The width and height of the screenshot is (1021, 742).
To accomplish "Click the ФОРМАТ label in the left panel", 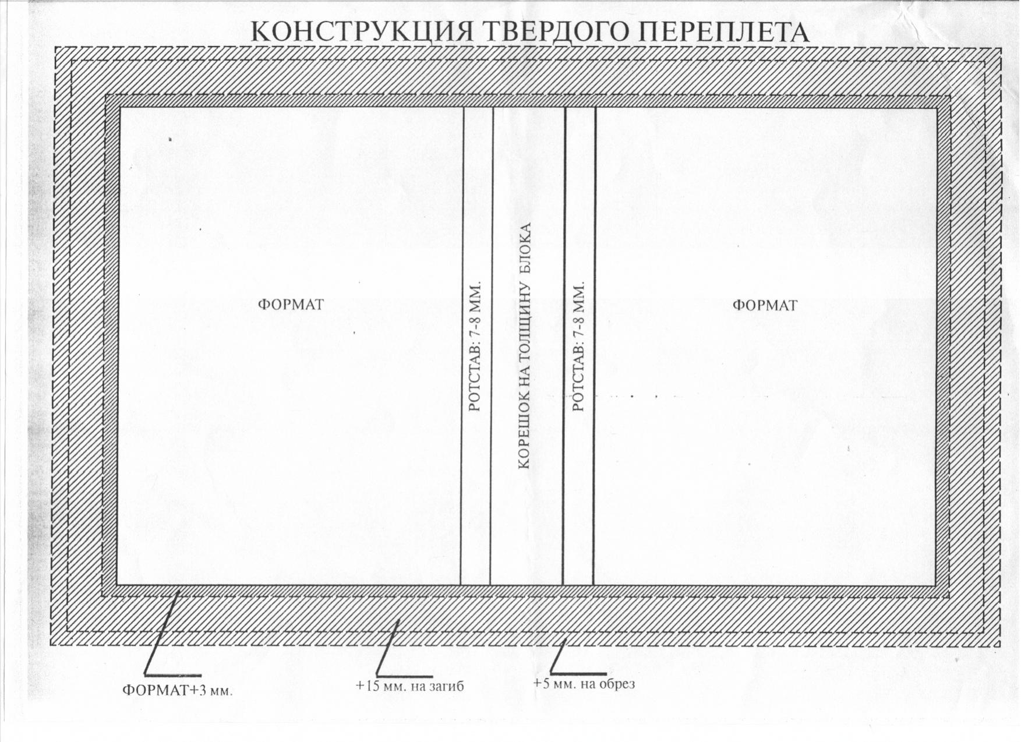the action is click(291, 305).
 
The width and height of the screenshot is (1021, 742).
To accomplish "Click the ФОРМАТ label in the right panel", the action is click(765, 305).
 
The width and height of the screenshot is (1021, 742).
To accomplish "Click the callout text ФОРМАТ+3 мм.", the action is click(177, 691).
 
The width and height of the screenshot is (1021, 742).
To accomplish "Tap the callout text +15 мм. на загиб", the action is click(409, 686).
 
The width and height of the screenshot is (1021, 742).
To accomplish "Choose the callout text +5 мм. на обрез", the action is click(584, 683).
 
